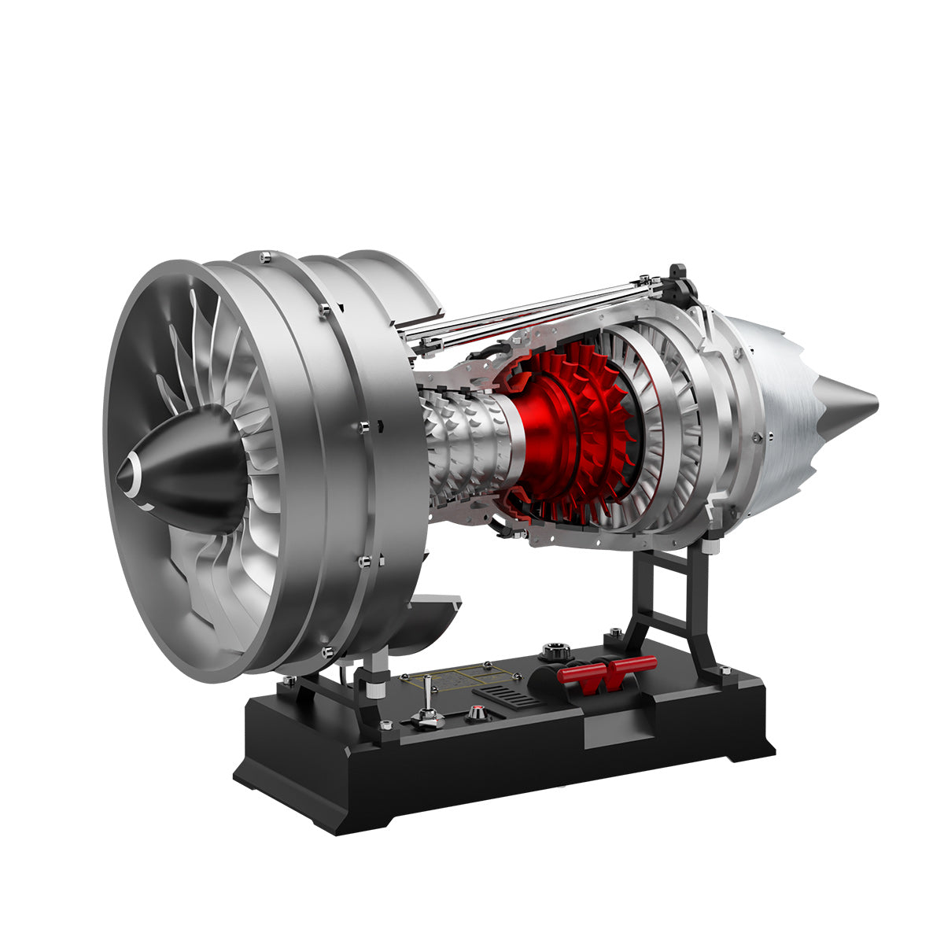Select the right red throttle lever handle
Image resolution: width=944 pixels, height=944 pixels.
click(x=634, y=666)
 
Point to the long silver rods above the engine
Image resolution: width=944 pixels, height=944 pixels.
click(x=535, y=308)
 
